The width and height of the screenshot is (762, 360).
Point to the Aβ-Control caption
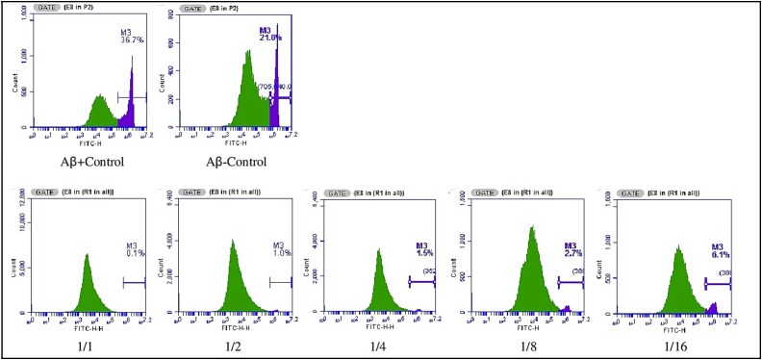click(x=231, y=161)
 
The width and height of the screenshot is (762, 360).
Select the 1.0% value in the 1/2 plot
click(x=281, y=253)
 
